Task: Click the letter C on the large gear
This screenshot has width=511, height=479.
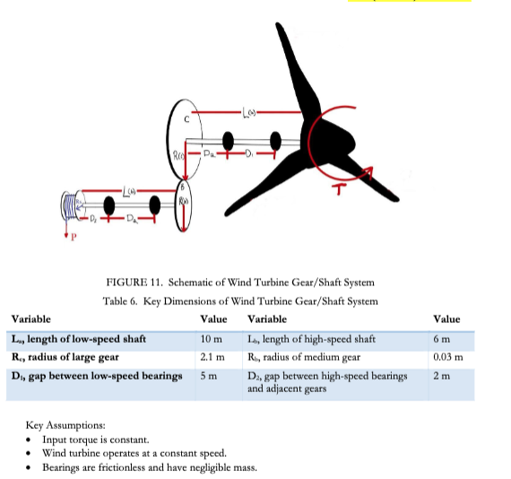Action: [186, 118]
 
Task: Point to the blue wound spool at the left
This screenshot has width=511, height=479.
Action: [75, 206]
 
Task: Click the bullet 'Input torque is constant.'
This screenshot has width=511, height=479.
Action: [95, 439]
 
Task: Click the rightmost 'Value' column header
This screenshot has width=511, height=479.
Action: [446, 318]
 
